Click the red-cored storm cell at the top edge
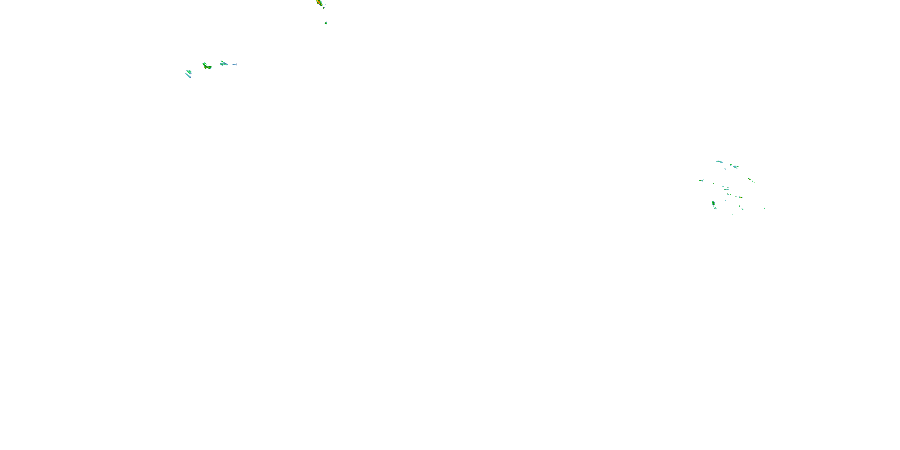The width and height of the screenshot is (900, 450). pos(319,2)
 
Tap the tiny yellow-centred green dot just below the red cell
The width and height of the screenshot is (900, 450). pos(324,7)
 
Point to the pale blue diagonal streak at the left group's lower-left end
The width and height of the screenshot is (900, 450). pos(188,76)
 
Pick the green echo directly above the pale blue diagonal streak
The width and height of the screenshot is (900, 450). pos(189,72)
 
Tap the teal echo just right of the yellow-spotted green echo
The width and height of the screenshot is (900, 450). pos(223,63)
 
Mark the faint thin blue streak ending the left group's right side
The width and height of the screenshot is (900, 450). pos(235,64)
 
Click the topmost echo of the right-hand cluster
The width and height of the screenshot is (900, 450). pos(719,161)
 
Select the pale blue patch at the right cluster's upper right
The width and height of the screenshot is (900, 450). pos(735,167)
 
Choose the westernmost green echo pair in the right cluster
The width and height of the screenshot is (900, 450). pos(701,180)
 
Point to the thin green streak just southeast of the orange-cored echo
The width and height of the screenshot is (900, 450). pos(753,182)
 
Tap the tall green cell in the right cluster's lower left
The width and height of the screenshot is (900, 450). pos(713,203)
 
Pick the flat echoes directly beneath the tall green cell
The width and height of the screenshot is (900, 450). pos(715,208)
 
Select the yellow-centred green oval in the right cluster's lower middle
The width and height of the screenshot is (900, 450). pos(740,197)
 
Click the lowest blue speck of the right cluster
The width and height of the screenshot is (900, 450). pos(732,214)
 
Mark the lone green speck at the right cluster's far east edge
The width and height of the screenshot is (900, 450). pos(764,208)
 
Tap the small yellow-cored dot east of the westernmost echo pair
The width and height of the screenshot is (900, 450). pos(713,183)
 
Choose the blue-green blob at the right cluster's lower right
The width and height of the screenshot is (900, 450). pos(742,209)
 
